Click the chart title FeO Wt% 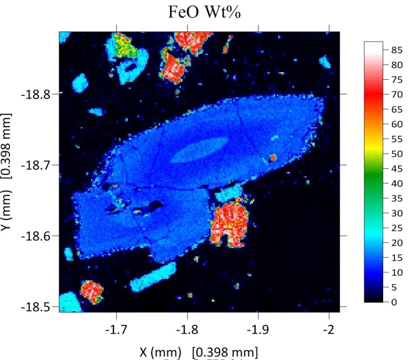point(205,13)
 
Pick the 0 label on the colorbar point(391,302)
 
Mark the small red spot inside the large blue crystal point(273,157)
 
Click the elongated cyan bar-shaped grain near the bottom point(153,277)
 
